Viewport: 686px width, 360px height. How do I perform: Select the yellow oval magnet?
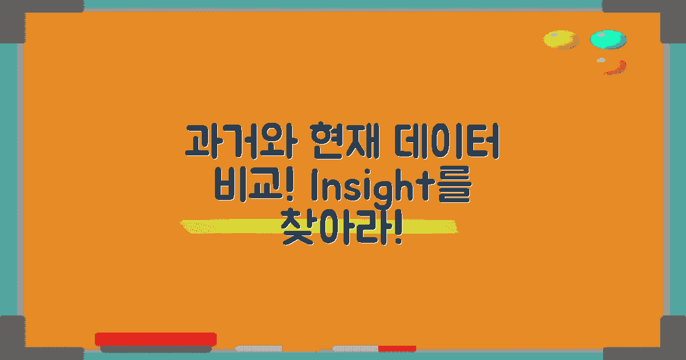[x=560, y=39]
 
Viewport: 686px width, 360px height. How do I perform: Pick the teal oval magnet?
[x=608, y=39]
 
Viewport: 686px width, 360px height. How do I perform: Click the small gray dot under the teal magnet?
[x=601, y=60]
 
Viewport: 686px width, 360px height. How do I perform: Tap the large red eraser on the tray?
[x=155, y=339]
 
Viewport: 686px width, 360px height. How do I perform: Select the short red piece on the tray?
[x=397, y=348]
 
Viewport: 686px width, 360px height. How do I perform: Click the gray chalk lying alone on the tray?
[x=259, y=348]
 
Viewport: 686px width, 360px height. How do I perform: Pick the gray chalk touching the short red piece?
[x=355, y=348]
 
